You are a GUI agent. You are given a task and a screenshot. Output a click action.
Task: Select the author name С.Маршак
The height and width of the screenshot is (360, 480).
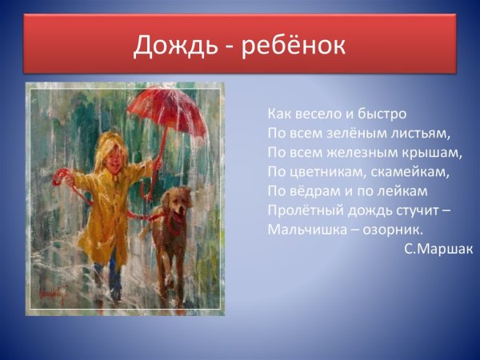438,249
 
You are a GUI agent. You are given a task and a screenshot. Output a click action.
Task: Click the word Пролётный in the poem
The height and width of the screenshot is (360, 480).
302,210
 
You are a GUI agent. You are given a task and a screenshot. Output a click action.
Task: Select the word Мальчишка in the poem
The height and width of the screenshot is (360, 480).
304,230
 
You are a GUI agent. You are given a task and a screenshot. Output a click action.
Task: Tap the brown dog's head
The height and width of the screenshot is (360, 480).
178,205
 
